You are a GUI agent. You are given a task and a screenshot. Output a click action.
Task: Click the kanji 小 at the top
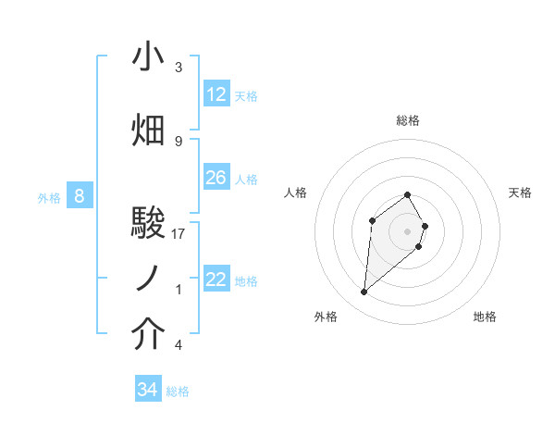click(x=149, y=57)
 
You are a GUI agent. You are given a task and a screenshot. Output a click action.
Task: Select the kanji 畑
click(x=149, y=130)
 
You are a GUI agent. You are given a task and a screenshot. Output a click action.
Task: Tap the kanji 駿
click(x=149, y=222)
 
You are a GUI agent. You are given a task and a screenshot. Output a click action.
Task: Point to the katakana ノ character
click(x=149, y=278)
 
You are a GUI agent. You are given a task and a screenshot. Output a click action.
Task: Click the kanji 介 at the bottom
click(x=149, y=334)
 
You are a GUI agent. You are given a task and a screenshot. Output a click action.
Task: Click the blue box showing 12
click(x=216, y=94)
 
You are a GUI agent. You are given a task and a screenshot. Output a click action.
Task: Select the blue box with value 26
click(x=216, y=178)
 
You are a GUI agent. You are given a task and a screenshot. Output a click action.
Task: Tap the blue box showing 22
click(x=216, y=280)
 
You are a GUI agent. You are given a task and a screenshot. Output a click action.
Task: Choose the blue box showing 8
click(x=80, y=196)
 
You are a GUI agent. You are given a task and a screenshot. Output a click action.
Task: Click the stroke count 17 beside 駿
click(x=179, y=234)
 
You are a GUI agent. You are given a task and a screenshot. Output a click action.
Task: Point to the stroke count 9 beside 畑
click(x=179, y=141)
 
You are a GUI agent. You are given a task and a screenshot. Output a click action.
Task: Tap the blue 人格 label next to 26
click(x=246, y=179)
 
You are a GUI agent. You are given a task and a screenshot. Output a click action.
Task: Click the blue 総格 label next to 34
click(x=178, y=391)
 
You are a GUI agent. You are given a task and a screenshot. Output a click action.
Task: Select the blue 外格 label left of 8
click(x=48, y=197)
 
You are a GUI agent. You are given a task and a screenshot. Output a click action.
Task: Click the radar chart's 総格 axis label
click(x=408, y=120)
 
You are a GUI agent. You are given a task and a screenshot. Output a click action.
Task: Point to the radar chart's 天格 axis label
click(x=520, y=193)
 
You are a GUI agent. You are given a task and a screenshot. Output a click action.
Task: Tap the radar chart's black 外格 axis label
click(x=326, y=317)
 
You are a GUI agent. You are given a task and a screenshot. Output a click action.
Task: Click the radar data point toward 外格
click(x=364, y=292)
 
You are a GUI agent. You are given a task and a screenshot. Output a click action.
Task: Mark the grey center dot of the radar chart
click(x=407, y=230)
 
